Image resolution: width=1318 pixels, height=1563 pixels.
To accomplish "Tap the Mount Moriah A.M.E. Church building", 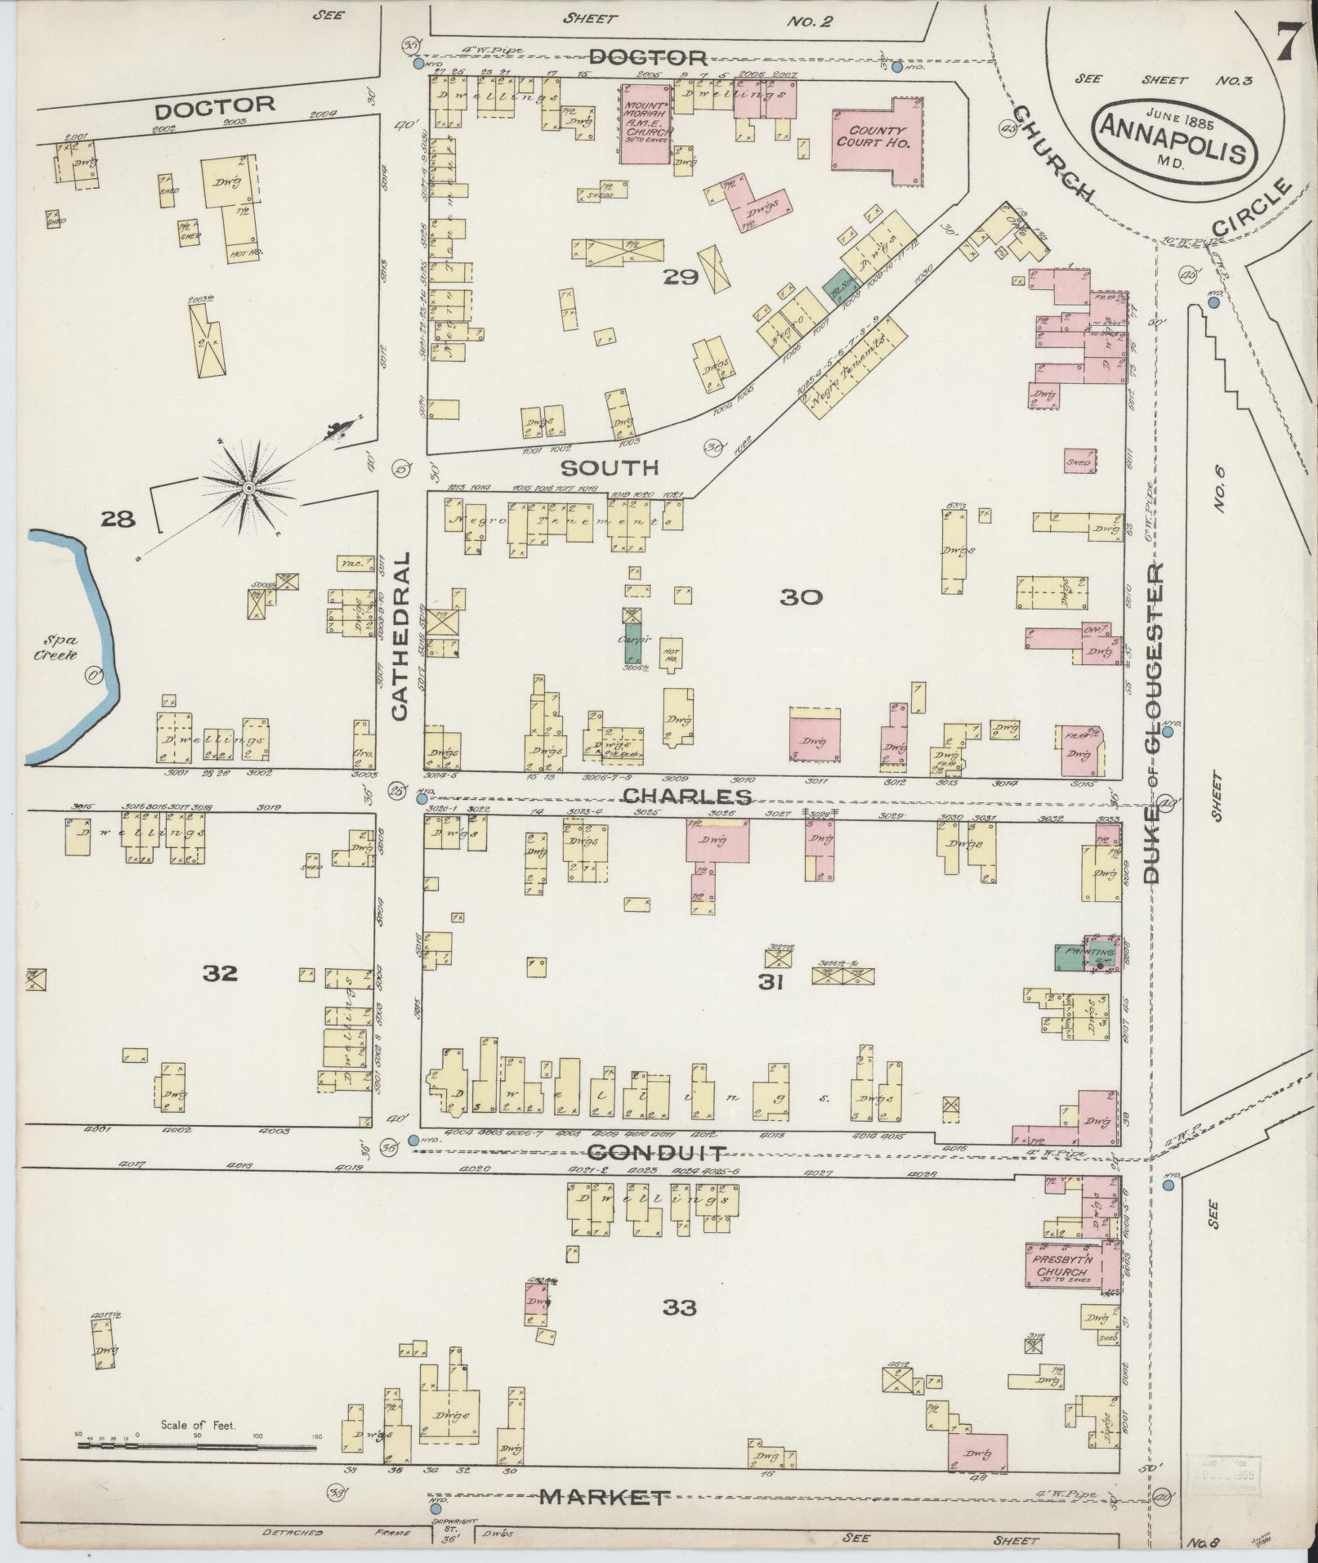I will click(646, 123).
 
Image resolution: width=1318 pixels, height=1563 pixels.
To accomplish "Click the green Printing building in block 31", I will click(1075, 956).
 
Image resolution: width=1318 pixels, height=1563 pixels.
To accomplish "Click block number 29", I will click(680, 278).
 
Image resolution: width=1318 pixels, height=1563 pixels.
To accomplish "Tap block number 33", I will click(679, 1307).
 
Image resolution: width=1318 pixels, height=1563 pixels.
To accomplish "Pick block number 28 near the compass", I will click(118, 518).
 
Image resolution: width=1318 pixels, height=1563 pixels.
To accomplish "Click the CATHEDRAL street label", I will click(398, 637).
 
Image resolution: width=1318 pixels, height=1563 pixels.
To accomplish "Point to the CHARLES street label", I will click(686, 796).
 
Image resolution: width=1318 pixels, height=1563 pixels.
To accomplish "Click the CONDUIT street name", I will click(656, 1153).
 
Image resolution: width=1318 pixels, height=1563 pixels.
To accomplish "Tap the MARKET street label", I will click(603, 1497).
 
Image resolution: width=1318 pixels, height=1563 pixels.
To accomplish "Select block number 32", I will click(221, 972).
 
